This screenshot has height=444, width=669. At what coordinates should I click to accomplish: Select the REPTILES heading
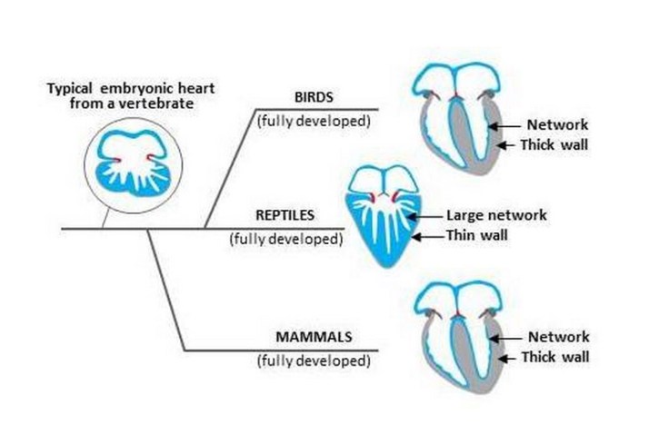click(x=286, y=216)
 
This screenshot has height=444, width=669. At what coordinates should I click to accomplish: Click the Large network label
click(x=496, y=216)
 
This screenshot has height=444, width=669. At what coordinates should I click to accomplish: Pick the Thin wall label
click(x=479, y=236)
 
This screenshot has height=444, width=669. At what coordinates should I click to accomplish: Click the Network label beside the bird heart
click(x=558, y=124)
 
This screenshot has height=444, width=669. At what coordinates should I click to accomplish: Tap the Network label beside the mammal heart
click(x=558, y=337)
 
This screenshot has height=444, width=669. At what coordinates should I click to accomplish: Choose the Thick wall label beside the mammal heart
click(x=554, y=357)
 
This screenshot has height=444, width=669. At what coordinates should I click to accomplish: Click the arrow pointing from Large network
click(x=429, y=216)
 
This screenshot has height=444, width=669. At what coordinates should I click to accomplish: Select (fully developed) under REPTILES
click(x=286, y=240)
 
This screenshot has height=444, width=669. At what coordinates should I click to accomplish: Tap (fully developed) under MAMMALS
click(x=314, y=360)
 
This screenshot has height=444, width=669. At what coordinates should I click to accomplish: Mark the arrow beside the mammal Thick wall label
click(x=505, y=357)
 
